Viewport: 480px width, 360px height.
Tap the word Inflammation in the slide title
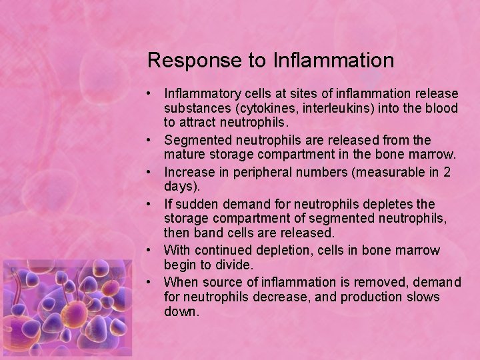[333, 61]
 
